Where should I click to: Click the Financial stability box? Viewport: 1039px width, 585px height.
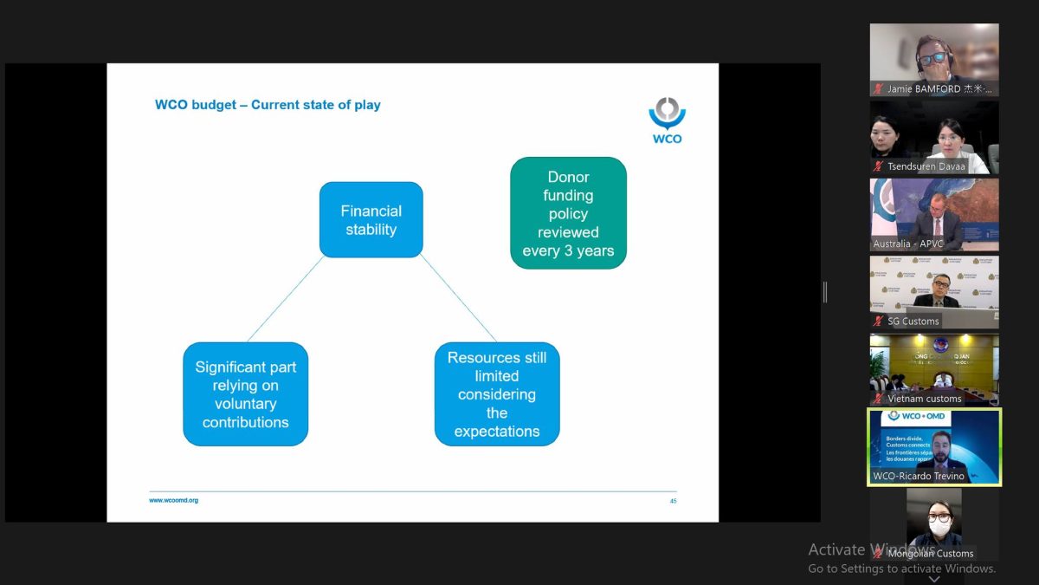(371, 220)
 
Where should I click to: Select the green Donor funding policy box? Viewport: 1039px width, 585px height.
(568, 213)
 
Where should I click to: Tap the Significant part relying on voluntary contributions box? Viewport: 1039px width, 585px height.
(246, 394)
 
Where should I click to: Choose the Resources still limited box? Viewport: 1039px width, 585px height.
(497, 394)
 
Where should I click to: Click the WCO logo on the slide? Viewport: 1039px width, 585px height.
(667, 120)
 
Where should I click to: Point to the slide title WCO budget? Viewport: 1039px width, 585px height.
(268, 105)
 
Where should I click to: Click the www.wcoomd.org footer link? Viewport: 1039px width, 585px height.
(173, 500)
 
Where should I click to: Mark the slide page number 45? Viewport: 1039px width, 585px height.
(673, 501)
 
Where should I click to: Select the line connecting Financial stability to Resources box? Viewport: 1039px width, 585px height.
(459, 299)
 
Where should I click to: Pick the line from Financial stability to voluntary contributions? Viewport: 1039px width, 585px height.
(286, 299)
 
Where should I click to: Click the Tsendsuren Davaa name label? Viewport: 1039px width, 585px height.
(926, 166)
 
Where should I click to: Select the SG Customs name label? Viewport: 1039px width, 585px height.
(913, 322)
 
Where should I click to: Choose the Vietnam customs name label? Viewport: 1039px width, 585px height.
(924, 399)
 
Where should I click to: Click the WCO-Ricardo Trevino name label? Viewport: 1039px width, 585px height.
(919, 476)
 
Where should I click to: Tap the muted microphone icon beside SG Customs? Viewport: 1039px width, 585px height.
(879, 322)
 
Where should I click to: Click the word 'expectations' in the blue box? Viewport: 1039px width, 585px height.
(497, 432)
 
